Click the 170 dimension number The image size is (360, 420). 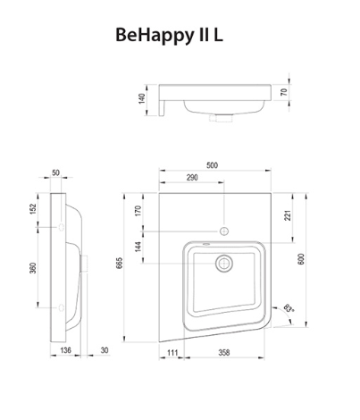coord(139,212)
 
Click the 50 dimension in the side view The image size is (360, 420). coord(56,172)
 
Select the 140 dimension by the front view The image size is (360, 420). coord(140,97)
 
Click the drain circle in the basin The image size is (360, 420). coord(223,264)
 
